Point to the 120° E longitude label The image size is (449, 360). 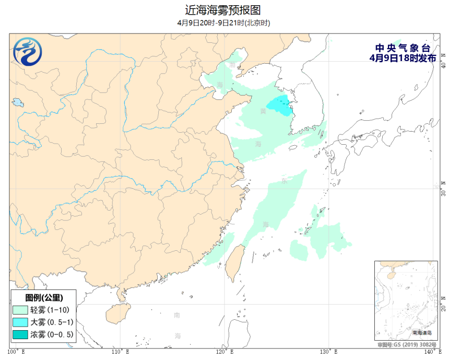224,352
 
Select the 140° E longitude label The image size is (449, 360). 432,352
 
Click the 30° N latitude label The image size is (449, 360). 444,189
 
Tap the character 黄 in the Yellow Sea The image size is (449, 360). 263,111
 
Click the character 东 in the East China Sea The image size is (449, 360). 284,181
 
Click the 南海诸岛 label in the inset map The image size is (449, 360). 422,332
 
